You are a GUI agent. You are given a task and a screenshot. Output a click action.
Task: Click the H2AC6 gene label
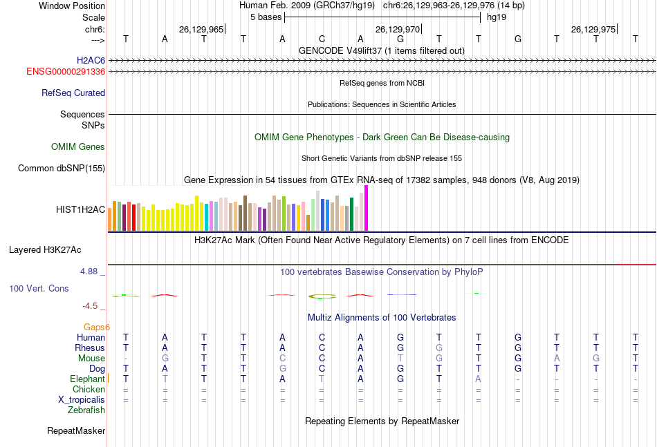[x=91, y=60]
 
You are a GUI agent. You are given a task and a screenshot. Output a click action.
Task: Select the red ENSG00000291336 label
[x=66, y=71]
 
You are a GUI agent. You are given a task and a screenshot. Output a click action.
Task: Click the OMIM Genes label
[x=78, y=146]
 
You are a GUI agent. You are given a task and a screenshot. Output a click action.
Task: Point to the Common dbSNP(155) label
[x=62, y=168]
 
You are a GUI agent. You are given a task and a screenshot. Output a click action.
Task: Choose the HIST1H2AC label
[x=81, y=209]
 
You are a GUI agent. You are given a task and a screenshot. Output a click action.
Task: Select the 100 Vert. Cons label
[x=39, y=288]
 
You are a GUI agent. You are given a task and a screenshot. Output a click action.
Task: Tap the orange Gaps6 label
[x=97, y=327]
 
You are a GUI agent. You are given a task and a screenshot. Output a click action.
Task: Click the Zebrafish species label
[x=86, y=410]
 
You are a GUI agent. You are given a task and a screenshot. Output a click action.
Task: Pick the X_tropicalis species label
[x=82, y=399]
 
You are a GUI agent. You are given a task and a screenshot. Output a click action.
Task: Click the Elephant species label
[x=87, y=379]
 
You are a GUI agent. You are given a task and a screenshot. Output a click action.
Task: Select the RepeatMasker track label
[x=76, y=430]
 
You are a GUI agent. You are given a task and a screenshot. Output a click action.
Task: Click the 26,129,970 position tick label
[x=397, y=30]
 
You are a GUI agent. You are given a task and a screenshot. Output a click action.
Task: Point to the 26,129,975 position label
[x=593, y=30]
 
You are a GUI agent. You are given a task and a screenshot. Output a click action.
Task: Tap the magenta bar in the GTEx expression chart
[x=367, y=208]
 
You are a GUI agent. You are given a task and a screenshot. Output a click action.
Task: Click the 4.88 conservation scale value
[x=89, y=272]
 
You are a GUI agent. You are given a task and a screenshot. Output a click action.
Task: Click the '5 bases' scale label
[x=266, y=17]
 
